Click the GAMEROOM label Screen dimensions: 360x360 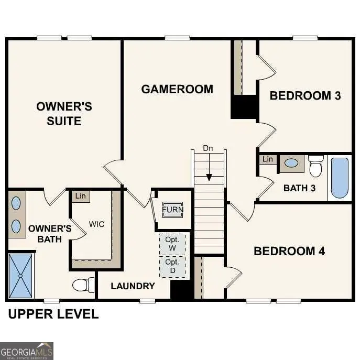click(x=177, y=89)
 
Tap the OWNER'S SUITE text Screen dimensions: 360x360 click(x=64, y=114)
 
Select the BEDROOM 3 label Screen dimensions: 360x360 click(x=305, y=95)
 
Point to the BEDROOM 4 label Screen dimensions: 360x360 click(x=289, y=251)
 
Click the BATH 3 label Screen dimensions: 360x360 click(x=299, y=188)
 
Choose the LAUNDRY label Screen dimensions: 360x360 click(x=133, y=286)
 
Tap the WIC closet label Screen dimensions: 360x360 click(x=96, y=224)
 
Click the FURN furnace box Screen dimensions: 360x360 click(x=172, y=210)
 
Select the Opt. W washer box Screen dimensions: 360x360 click(x=172, y=243)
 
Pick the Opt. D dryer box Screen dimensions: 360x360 click(x=172, y=266)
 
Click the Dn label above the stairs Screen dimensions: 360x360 click(x=208, y=148)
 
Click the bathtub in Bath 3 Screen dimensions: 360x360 click(x=339, y=178)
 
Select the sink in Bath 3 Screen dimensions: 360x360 click(x=291, y=163)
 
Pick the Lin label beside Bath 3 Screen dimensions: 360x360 click(x=268, y=159)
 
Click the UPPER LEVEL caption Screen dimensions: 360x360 click(x=53, y=314)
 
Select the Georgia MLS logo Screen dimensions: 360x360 click(x=26, y=351)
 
